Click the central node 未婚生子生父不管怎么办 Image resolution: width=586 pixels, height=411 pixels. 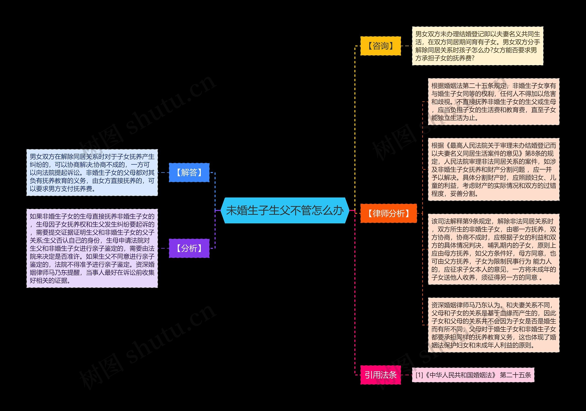(x=285, y=210)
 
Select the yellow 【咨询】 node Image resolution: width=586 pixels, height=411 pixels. (x=380, y=46)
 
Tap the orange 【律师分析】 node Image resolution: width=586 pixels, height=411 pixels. (x=388, y=213)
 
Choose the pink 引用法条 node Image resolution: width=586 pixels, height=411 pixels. (x=380, y=375)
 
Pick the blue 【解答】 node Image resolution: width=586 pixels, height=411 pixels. (x=189, y=173)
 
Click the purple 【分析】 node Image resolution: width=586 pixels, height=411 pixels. (x=189, y=248)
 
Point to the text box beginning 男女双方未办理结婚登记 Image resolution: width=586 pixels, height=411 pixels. (x=477, y=46)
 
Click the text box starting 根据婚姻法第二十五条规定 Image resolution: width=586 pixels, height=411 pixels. (x=493, y=102)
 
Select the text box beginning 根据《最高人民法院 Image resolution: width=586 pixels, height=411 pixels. (x=493, y=169)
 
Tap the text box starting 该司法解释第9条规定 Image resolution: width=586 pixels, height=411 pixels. (x=493, y=249)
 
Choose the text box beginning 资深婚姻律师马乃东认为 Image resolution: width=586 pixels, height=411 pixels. (x=493, y=325)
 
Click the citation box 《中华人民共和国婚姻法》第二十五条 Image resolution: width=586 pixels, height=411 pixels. (x=473, y=375)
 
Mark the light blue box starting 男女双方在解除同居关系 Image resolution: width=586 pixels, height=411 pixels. (x=92, y=173)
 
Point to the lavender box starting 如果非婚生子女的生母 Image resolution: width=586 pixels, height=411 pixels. (x=92, y=248)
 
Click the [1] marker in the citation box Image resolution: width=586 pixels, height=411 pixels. (x=419, y=375)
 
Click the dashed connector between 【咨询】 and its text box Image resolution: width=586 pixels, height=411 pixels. (x=406, y=46)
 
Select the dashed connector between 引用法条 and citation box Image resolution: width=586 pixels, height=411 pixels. (x=406, y=375)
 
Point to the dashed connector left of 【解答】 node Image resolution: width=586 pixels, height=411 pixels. (x=163, y=173)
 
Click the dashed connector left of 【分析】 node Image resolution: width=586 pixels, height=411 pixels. (x=163, y=248)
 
